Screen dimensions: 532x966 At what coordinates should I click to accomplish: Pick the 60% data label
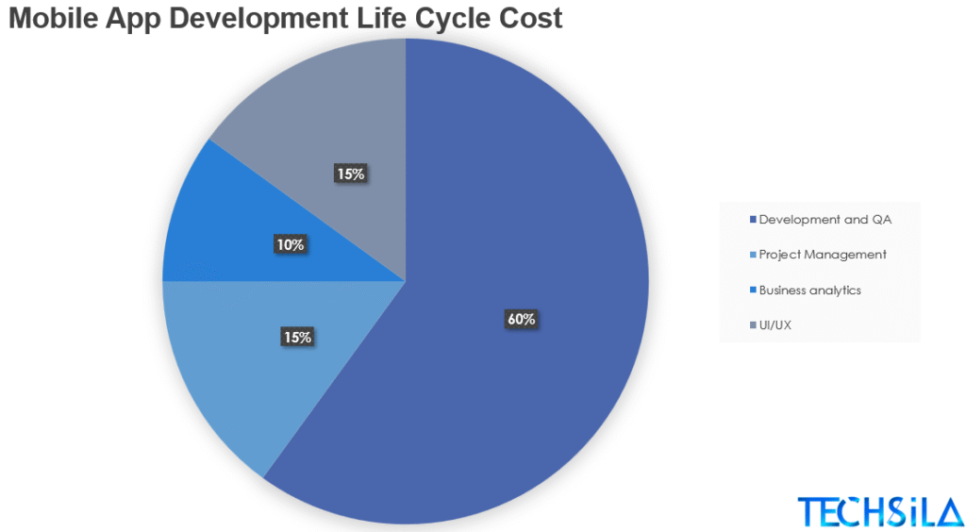522,320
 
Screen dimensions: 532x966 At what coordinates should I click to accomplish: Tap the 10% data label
290,245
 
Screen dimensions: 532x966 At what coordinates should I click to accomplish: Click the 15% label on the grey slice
350,174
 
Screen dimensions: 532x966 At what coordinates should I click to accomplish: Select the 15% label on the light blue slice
297,337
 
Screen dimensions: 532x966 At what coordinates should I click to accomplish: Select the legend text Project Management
823,255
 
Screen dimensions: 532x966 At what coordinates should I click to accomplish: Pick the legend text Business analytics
810,291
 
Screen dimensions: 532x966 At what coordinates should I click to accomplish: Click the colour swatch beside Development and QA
752,221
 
